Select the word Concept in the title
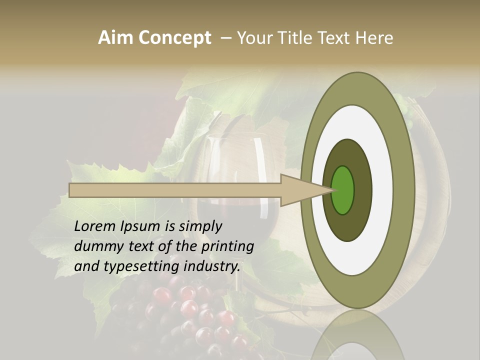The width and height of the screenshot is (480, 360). pyautogui.click(x=174, y=38)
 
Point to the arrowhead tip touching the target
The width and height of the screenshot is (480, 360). pyautogui.click(x=332, y=190)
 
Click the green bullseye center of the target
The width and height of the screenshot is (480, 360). pyautogui.click(x=343, y=190)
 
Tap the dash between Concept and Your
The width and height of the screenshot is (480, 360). pyautogui.click(x=225, y=38)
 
